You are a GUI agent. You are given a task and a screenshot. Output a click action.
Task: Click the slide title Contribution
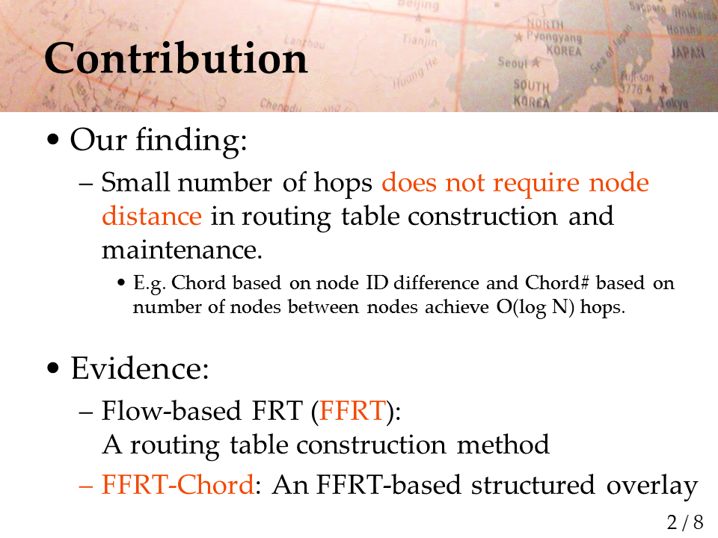click(176, 58)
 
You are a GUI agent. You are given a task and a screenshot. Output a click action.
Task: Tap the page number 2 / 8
click(685, 522)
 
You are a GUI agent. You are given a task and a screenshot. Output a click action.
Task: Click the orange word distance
click(152, 216)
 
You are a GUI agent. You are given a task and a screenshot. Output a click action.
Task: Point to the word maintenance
click(182, 250)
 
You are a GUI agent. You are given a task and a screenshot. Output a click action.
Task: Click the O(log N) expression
click(536, 307)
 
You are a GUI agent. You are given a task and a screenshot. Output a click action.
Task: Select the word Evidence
click(140, 368)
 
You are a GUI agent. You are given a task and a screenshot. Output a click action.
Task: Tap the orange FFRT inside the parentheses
click(352, 410)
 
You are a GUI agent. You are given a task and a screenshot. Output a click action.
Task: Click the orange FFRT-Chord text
click(178, 484)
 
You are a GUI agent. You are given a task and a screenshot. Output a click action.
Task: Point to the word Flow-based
click(171, 410)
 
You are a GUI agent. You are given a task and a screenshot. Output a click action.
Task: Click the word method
click(503, 444)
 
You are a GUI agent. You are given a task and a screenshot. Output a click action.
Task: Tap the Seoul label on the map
click(512, 62)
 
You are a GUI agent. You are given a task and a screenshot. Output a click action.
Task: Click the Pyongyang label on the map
click(553, 37)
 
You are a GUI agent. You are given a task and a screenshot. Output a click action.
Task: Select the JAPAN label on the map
click(688, 52)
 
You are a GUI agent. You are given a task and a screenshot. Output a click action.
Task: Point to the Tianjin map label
click(420, 40)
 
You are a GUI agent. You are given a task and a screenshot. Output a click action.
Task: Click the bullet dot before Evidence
click(53, 368)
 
